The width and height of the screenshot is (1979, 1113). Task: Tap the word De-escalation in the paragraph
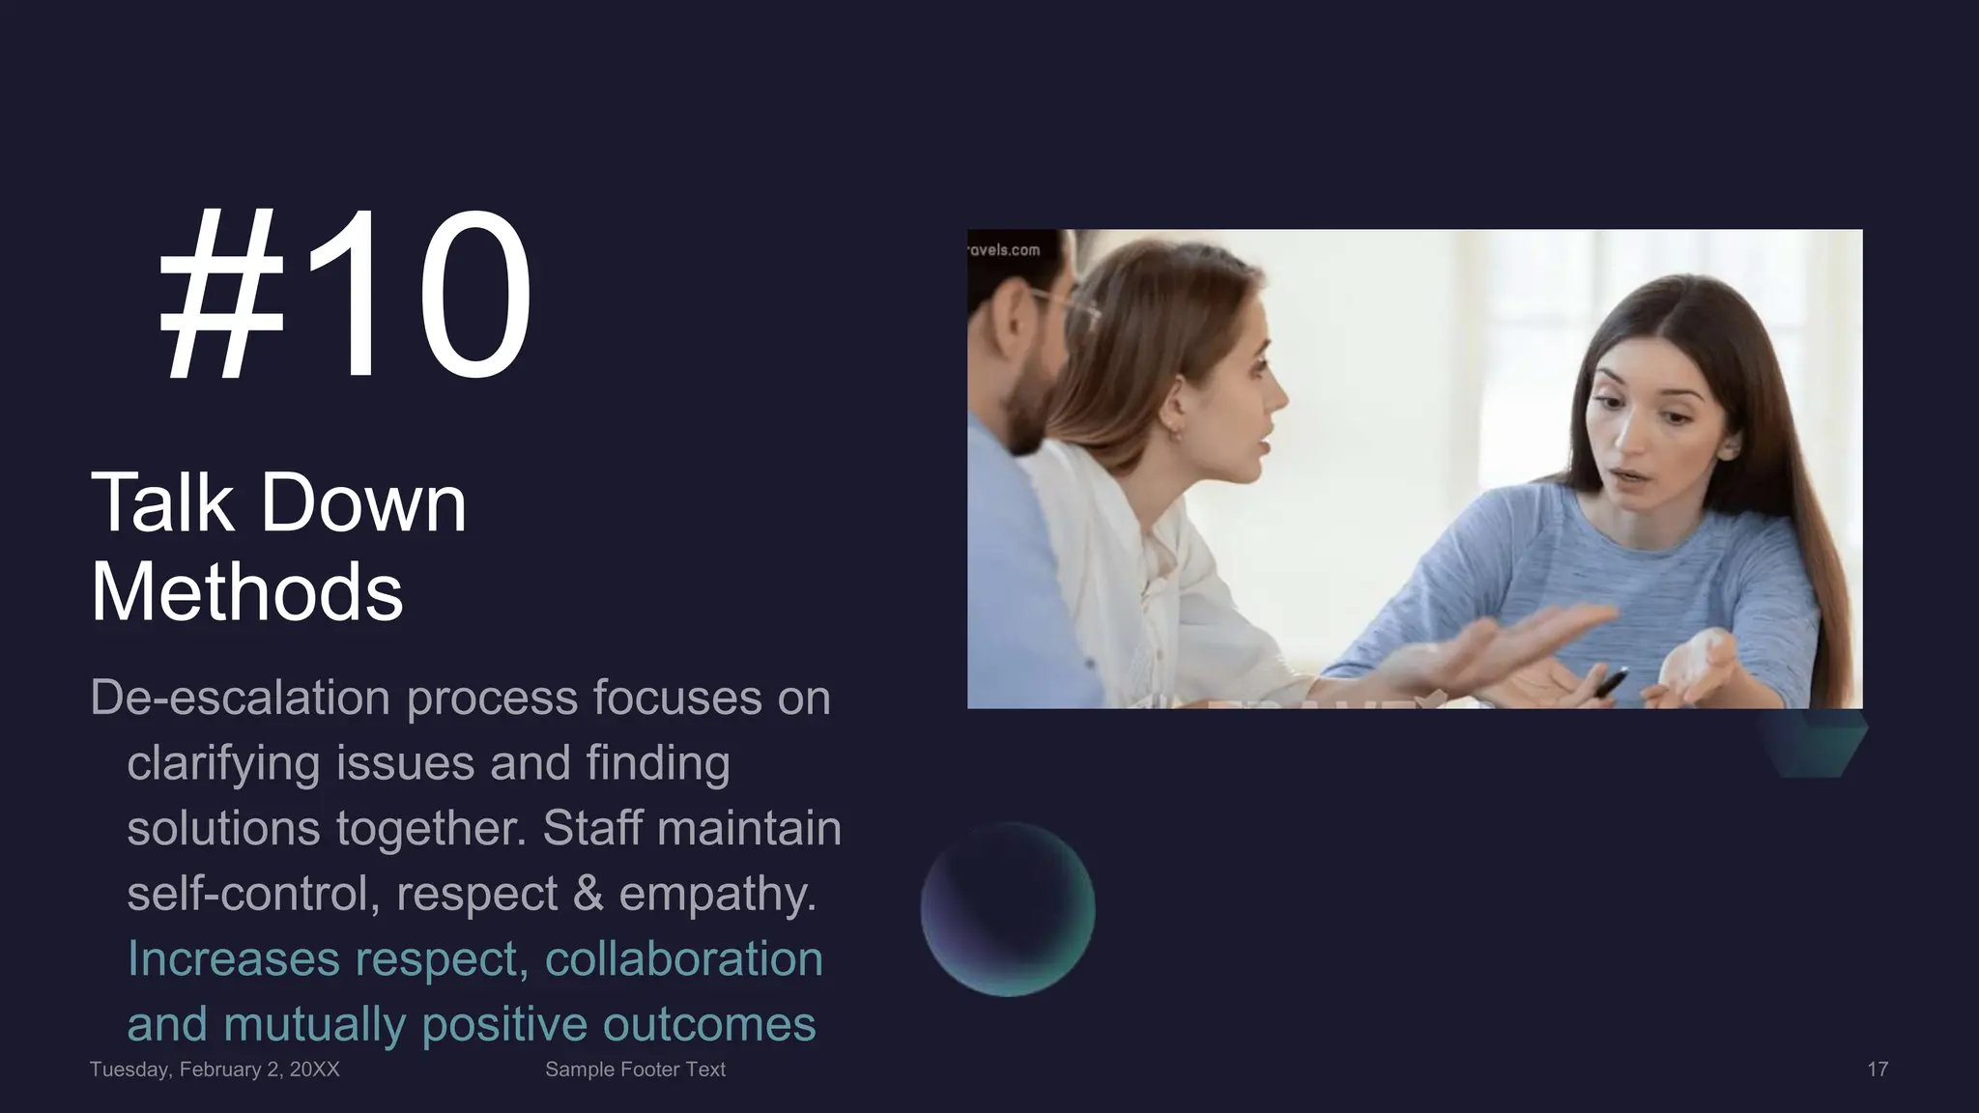click(240, 698)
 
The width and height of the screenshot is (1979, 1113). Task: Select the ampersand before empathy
click(588, 893)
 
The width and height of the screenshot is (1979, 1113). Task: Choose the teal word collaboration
click(683, 958)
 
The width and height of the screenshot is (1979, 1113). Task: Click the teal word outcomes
click(708, 1024)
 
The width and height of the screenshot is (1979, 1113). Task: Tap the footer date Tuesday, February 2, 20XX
click(215, 1070)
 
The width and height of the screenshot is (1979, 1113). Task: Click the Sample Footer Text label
click(635, 1070)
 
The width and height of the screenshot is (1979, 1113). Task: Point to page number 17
click(1877, 1070)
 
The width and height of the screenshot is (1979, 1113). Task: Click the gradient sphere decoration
click(1007, 909)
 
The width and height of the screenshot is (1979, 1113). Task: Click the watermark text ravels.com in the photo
click(1004, 250)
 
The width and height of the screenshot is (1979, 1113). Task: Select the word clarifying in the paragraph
click(223, 763)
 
